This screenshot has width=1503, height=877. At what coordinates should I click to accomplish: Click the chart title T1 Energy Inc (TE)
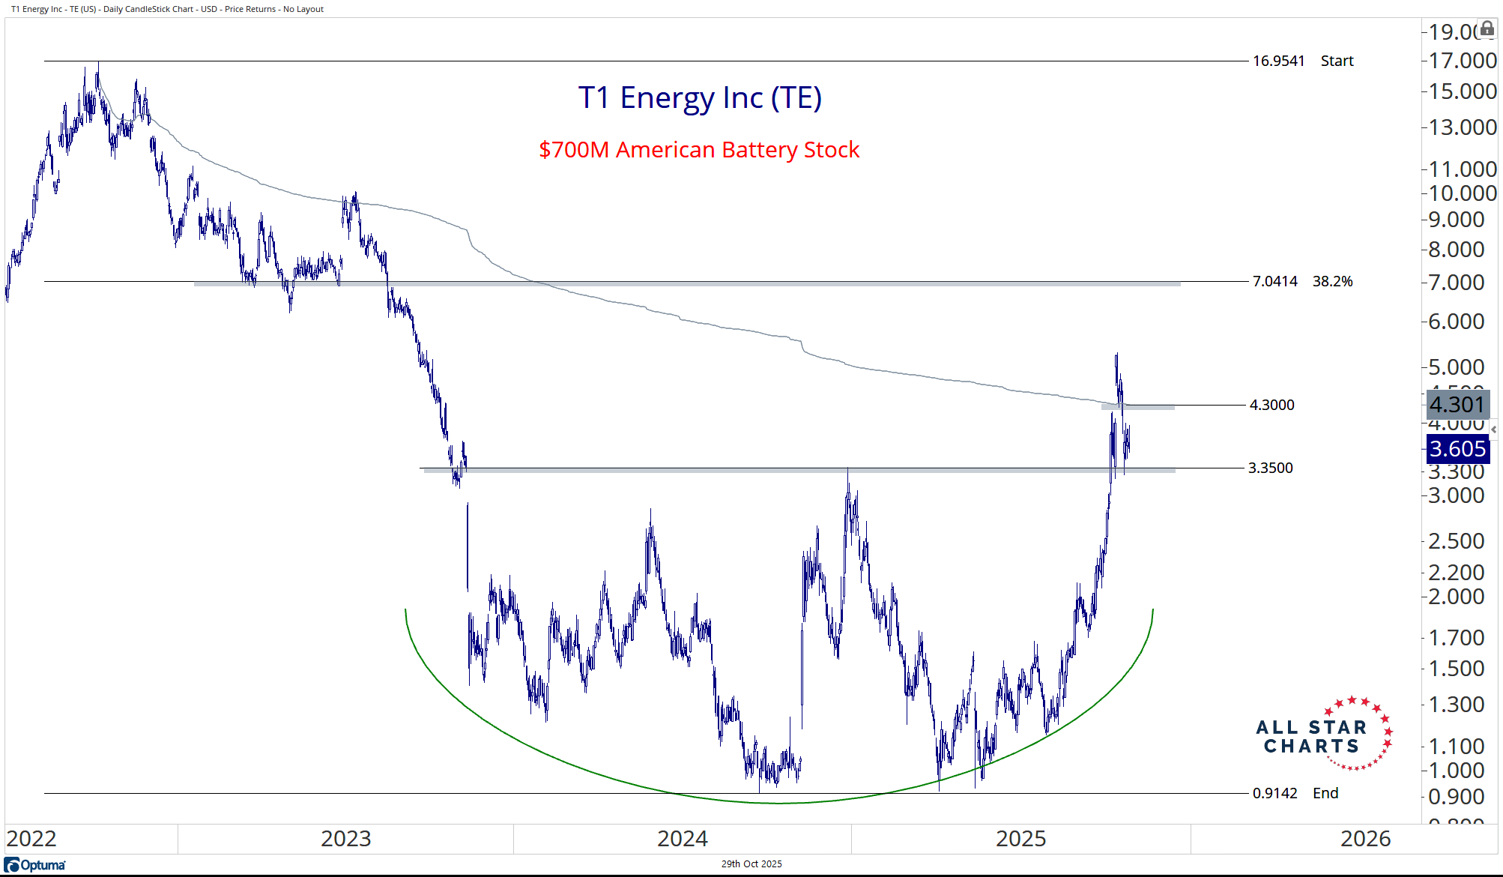coord(700,98)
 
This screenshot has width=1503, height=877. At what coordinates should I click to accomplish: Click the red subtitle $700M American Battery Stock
coord(699,150)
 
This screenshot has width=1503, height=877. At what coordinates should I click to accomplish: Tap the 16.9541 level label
coord(1278,61)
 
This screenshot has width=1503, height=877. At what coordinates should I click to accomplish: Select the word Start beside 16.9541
coord(1337,61)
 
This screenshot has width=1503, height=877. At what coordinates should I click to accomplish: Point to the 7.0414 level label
coord(1274,281)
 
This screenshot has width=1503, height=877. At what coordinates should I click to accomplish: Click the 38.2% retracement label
coord(1332,281)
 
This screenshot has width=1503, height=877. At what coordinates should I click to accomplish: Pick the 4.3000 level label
coord(1271,405)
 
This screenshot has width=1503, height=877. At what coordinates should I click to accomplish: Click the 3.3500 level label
coord(1270,468)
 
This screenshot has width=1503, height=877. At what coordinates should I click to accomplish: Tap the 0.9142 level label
coord(1274,793)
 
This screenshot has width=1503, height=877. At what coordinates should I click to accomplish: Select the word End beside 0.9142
coord(1325,793)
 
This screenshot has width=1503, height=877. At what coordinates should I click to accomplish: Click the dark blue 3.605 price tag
coord(1457,449)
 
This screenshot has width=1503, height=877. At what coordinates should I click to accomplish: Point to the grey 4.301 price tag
coord(1457,405)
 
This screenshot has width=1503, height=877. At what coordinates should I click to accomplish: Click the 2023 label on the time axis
coord(345,838)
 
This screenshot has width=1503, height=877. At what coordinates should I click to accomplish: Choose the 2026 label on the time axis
coord(1365,838)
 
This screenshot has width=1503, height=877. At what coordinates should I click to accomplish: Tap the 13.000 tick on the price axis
coord(1462,127)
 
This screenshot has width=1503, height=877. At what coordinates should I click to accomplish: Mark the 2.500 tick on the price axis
coord(1456,541)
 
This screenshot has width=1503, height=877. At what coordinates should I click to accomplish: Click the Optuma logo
coord(35,865)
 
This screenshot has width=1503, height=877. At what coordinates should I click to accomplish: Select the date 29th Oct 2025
coord(751,864)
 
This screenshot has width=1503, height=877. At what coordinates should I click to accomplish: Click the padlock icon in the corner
coord(1487,28)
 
